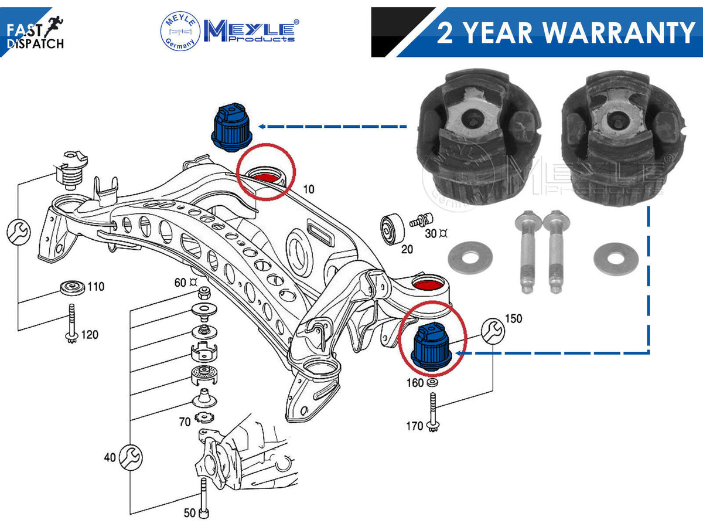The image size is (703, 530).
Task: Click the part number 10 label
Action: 308,189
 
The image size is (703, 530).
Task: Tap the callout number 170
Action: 414,426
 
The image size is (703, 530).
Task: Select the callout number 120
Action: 90,335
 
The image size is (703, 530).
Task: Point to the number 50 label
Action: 190,513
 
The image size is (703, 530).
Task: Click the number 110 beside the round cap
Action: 95,286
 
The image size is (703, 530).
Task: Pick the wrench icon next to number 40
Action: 131,457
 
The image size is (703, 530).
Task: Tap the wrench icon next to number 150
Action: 493,331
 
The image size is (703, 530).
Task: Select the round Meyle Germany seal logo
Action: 180,30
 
